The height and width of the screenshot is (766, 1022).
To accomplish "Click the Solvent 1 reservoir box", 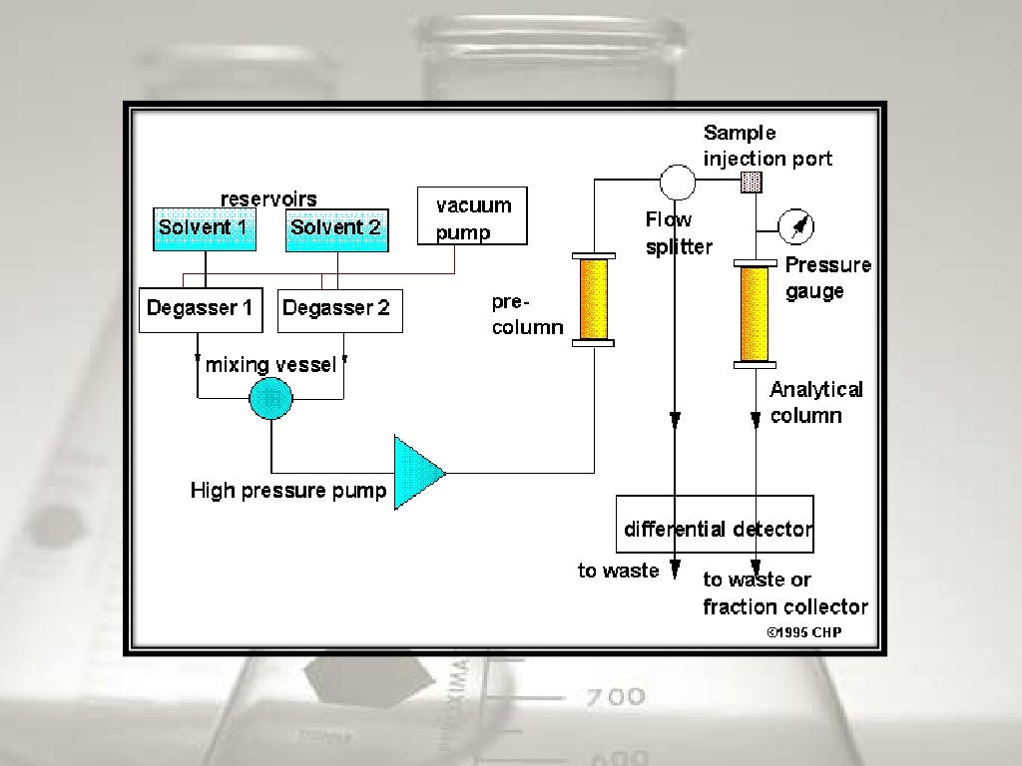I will click(x=204, y=228).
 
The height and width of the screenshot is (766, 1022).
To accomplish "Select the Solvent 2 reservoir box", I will click(x=336, y=228).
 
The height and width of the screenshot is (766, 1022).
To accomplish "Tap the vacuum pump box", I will click(x=471, y=216).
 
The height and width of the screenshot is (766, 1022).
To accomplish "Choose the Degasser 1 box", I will click(x=200, y=309).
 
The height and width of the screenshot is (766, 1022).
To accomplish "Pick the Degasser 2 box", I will click(x=339, y=309).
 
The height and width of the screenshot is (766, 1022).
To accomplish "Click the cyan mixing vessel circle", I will click(x=270, y=398).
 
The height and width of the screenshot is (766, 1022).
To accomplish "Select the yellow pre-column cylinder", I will click(x=594, y=300).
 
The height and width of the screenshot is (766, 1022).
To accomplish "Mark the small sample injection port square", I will click(x=752, y=182).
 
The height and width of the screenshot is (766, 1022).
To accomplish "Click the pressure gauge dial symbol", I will click(x=797, y=227).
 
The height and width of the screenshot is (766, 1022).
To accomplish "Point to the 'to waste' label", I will click(x=618, y=571).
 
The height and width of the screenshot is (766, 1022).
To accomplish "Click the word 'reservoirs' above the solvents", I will click(x=268, y=198).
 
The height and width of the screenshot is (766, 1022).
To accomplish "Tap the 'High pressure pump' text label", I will click(x=287, y=491).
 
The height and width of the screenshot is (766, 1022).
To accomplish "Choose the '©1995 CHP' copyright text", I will click(x=803, y=631).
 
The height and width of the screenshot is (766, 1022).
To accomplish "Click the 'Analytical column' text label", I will click(x=815, y=402).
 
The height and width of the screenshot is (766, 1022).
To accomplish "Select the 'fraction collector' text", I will click(x=785, y=606).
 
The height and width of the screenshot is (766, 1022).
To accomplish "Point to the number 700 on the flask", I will click(x=615, y=697).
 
